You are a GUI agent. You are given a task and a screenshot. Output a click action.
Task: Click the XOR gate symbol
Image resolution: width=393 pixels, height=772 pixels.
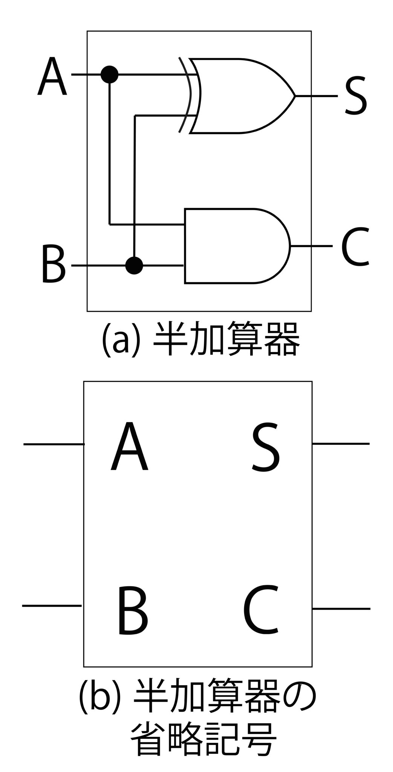pos(241,96)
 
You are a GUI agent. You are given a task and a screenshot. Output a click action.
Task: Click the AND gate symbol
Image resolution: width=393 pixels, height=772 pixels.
pos(234,246)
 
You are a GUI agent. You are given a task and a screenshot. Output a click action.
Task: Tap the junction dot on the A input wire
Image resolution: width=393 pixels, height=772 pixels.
pos(110,75)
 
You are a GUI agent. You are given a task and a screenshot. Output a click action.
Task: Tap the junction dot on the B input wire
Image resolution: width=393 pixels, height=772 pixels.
pos(134,265)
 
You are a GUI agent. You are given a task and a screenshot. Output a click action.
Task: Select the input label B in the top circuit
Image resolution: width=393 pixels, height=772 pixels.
pos(53,264)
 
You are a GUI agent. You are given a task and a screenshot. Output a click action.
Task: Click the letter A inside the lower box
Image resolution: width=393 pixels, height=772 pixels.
pos(129,447)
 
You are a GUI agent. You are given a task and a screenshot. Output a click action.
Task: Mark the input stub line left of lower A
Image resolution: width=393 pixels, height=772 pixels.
pos(54,444)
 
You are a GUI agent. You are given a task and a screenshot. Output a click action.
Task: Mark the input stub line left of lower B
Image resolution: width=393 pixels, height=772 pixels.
pos(52,605)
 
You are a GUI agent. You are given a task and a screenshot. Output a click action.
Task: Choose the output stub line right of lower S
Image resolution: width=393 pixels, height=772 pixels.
pos(341,444)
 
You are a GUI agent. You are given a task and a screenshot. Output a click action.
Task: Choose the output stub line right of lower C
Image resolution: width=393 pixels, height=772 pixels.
pos(341,609)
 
